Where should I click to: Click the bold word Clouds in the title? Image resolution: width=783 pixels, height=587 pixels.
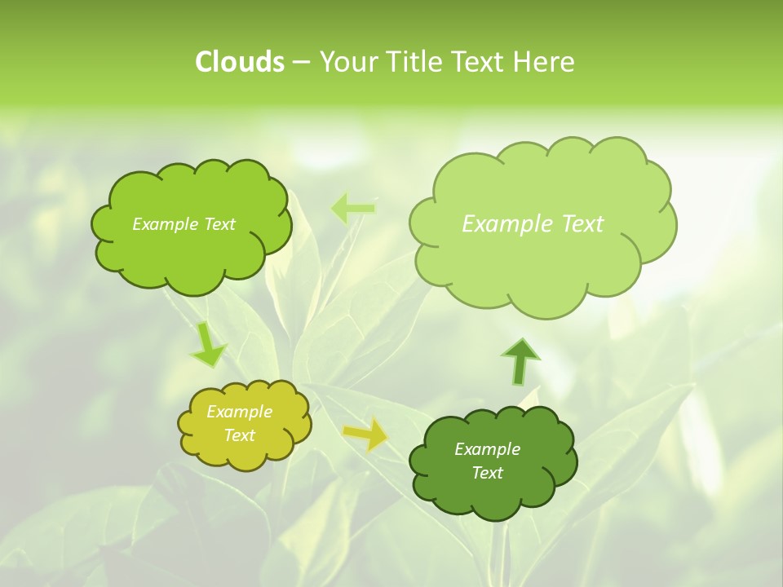point(239,62)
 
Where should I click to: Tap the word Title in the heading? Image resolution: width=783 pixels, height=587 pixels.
point(415,62)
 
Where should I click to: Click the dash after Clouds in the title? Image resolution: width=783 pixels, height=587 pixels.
point(301,63)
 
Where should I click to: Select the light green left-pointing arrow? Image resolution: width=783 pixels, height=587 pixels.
point(352,209)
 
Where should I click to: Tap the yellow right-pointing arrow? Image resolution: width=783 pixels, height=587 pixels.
point(365,434)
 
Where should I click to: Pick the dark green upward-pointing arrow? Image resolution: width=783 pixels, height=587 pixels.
point(520,361)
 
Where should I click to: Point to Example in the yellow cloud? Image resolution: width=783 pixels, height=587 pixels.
point(239,412)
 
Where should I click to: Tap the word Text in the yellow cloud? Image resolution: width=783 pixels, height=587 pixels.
point(239,435)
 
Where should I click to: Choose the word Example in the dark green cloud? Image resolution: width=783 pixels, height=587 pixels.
point(487,449)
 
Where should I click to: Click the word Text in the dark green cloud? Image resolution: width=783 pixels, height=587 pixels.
point(487,473)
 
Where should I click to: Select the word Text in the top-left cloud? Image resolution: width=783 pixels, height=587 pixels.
point(219,224)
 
